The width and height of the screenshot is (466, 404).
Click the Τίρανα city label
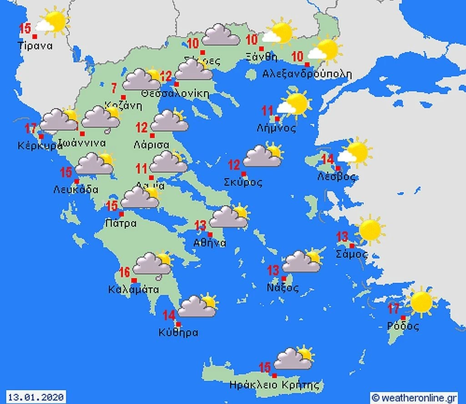tap(35, 46)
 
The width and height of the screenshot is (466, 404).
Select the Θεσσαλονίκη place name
tap(175, 94)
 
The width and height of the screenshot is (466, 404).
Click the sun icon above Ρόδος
tap(421, 302)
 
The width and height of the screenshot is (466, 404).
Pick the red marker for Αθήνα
tap(210, 235)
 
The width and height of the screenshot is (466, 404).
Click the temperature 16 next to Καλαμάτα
tap(125, 272)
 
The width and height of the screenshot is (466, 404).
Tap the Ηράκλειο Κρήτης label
tap(274, 384)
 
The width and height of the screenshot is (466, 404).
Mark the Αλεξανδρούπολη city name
tap(308, 74)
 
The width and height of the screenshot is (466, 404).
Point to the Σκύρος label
tap(243, 183)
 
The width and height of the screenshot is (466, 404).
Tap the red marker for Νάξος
tap(284, 279)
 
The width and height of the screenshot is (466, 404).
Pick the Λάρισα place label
tap(152, 145)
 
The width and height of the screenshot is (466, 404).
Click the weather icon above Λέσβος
tap(355, 152)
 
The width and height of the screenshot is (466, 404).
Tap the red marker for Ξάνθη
tap(262, 49)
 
